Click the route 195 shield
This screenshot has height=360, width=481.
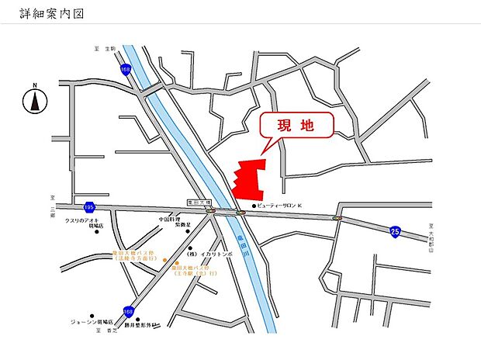click(89, 207)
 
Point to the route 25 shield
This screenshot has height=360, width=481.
click(395, 231)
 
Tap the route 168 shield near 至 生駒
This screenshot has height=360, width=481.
click(126, 70)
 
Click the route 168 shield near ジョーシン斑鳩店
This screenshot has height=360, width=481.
click(128, 311)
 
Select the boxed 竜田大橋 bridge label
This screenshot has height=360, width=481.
click(199, 201)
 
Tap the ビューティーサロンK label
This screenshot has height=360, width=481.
click(287, 206)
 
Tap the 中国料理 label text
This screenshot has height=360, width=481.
click(170, 220)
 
